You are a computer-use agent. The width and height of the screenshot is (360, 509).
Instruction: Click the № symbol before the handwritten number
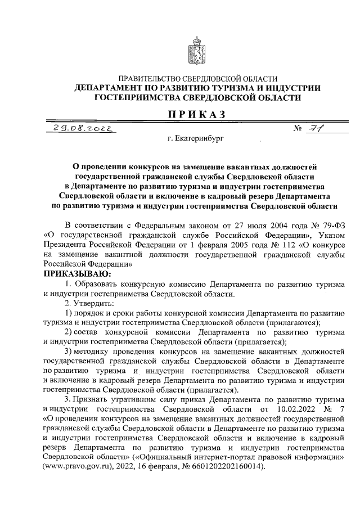298,129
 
